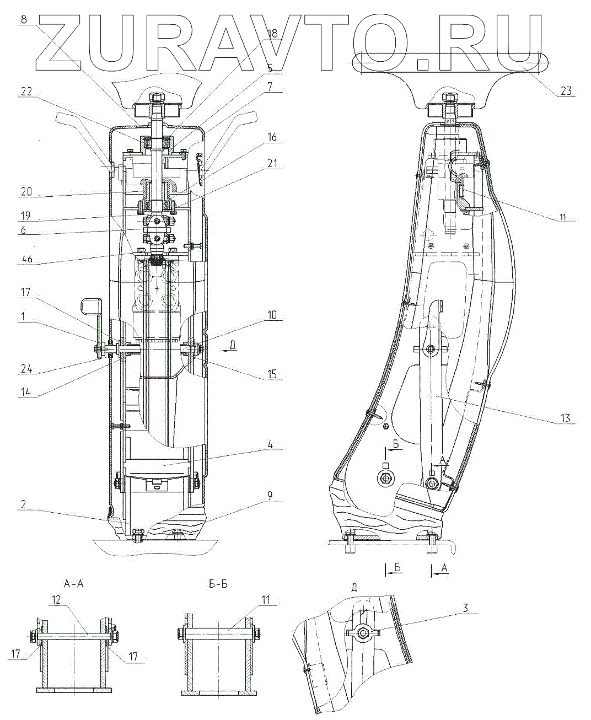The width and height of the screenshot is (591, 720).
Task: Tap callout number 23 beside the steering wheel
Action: (x=567, y=92)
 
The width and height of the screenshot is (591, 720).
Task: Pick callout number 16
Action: (x=272, y=137)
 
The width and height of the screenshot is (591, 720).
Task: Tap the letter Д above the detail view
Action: (x=354, y=587)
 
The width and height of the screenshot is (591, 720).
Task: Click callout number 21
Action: (x=272, y=164)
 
